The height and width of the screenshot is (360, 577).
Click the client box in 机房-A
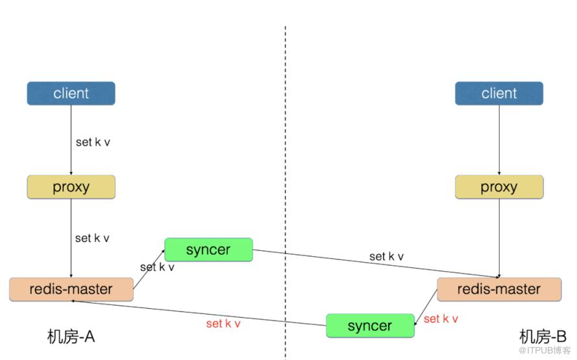(71, 93)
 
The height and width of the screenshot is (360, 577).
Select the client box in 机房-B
(498, 93)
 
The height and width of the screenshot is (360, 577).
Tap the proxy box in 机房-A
(71, 187)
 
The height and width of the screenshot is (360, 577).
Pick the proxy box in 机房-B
(498, 187)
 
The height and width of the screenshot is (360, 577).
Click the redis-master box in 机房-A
(71, 289)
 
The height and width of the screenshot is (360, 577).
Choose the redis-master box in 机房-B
(498, 289)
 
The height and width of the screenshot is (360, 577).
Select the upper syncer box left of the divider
(208, 250)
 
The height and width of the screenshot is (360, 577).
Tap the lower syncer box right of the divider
(369, 325)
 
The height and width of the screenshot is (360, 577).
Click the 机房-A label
(71, 337)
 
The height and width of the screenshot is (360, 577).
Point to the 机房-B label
(543, 337)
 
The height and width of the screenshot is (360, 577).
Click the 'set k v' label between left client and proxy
(93, 142)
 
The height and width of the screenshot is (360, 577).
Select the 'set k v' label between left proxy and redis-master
(92, 238)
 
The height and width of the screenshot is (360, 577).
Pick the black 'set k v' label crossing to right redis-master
(386, 256)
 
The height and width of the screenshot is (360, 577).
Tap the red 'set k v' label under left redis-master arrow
(223, 324)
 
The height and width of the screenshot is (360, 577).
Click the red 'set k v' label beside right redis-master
(441, 318)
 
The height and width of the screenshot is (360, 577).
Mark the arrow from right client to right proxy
(499, 139)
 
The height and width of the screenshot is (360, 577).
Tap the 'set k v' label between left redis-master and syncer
(157, 267)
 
